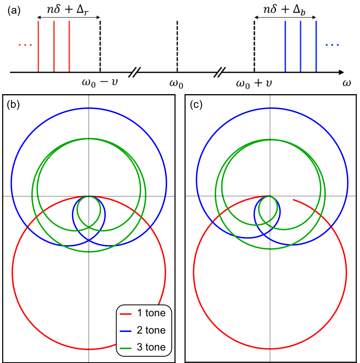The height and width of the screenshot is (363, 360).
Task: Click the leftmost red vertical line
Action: click(x=38, y=46)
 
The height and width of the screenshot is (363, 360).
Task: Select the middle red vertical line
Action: click(x=54, y=46)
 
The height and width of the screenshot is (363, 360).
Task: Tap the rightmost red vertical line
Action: click(x=69, y=46)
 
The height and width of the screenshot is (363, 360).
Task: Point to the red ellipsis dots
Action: click(x=25, y=45)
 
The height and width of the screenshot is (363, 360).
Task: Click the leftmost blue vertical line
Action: click(x=285, y=46)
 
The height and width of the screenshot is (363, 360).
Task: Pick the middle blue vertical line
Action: click(x=300, y=46)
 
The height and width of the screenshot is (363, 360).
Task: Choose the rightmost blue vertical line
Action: click(x=316, y=46)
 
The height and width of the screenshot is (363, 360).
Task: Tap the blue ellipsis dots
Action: click(x=332, y=45)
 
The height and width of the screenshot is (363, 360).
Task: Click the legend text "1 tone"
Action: click(x=151, y=313)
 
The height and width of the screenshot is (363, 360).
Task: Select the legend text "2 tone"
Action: click(x=151, y=330)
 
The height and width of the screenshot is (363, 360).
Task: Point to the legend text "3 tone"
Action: click(x=151, y=347)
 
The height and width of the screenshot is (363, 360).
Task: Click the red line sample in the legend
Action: click(x=126, y=314)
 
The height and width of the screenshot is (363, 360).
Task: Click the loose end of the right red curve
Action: click(x=293, y=200)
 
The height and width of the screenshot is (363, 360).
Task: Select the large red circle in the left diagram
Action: click(x=13, y=272)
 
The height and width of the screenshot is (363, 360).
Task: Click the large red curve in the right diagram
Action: click(x=193, y=272)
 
